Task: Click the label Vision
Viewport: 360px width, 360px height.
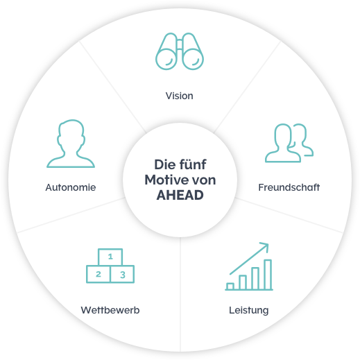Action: click(x=180, y=96)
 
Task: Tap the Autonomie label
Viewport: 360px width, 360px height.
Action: click(x=71, y=187)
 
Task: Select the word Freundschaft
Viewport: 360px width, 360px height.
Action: click(x=289, y=187)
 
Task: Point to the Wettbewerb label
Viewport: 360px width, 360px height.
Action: click(x=110, y=310)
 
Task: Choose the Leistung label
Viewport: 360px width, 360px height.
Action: click(x=249, y=310)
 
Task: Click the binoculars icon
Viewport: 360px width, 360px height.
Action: click(x=180, y=51)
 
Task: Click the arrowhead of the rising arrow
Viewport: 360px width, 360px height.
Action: click(x=266, y=246)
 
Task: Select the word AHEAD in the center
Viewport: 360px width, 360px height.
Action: click(x=180, y=195)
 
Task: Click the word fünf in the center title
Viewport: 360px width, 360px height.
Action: click(x=193, y=164)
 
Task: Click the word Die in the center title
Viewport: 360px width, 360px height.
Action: click(x=164, y=164)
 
